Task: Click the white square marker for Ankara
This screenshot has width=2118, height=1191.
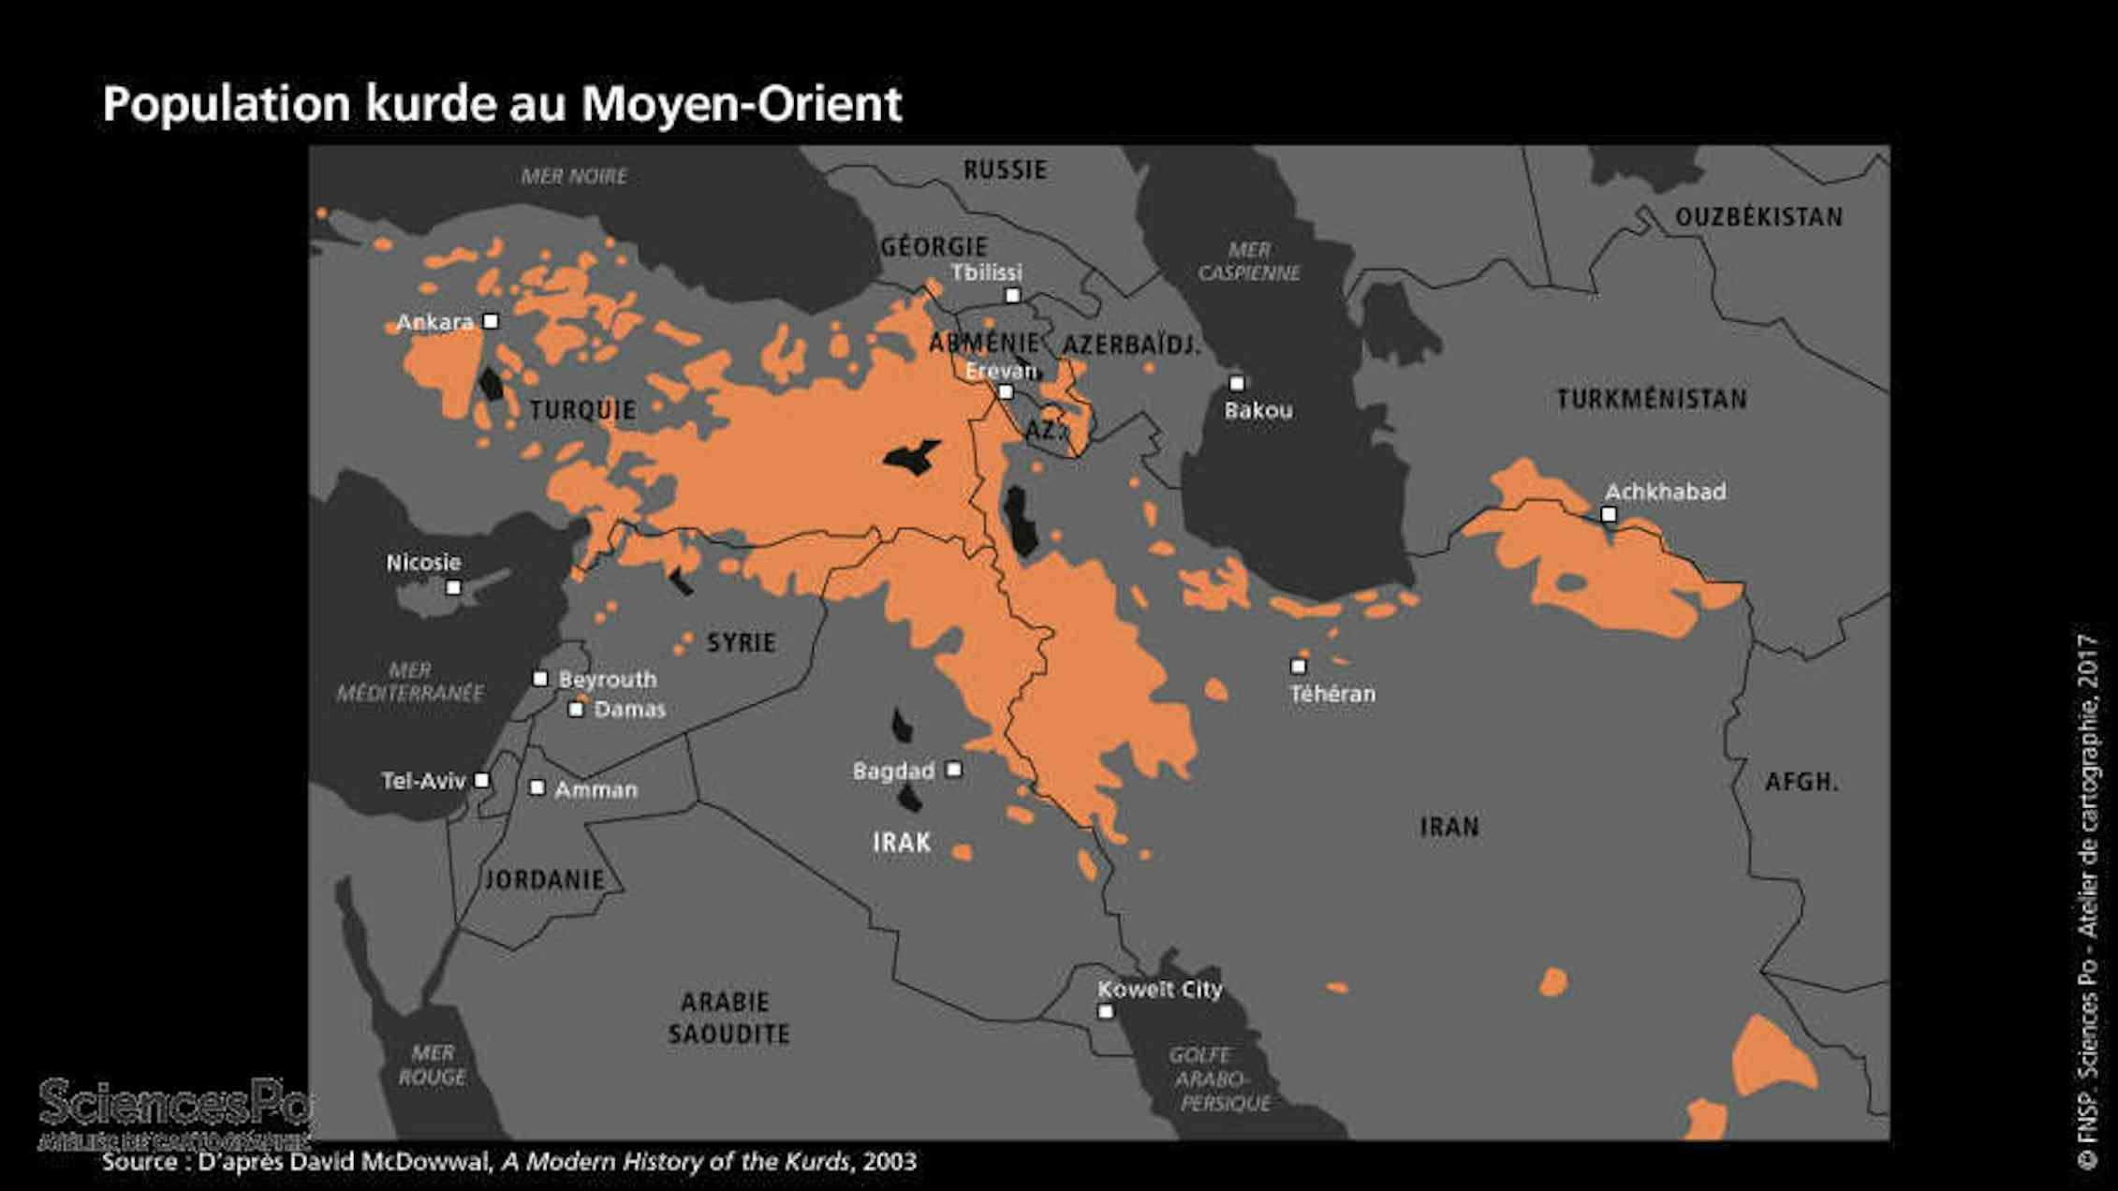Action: (x=490, y=321)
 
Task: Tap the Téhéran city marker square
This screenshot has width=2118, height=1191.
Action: (x=1298, y=667)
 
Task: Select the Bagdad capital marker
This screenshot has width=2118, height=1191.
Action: (x=953, y=770)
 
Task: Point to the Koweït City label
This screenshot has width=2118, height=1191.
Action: (x=1159, y=990)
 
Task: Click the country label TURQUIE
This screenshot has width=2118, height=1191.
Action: (x=582, y=410)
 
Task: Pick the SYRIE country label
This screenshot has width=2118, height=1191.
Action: (x=741, y=643)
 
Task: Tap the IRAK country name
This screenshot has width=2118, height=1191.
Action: (x=902, y=843)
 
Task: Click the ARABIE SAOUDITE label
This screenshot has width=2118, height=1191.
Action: (x=728, y=1018)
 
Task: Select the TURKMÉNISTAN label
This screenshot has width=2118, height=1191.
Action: (x=1652, y=400)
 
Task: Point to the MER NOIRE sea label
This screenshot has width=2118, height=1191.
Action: (x=574, y=176)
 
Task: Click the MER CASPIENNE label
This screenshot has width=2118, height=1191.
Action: (x=1249, y=261)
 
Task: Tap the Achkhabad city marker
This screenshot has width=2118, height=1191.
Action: (x=1609, y=514)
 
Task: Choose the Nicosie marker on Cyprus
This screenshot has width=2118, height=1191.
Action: (x=453, y=588)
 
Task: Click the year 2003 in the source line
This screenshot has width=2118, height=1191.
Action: (x=890, y=1162)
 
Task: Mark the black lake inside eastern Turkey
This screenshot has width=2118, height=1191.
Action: (x=910, y=457)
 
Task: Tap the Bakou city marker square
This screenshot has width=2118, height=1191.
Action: (x=1236, y=384)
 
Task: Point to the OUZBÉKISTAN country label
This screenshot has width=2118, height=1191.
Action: (x=1758, y=217)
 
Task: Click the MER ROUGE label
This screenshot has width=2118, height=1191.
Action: (x=432, y=1066)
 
